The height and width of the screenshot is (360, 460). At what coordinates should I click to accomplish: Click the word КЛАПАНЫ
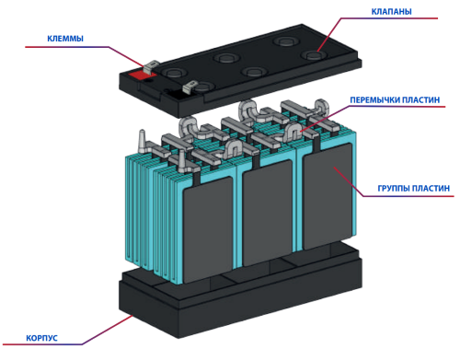(x=391, y=12)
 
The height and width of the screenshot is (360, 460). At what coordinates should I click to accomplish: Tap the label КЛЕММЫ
(x=65, y=39)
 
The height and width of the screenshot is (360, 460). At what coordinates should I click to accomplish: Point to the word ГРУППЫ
(x=394, y=188)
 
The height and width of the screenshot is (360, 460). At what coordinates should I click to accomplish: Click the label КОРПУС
(x=41, y=338)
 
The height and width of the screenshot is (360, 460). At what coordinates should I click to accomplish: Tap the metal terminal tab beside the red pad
(x=151, y=67)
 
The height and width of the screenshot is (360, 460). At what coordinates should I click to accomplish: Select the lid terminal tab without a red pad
(x=190, y=87)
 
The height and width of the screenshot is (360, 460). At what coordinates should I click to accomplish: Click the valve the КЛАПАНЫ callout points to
(x=313, y=55)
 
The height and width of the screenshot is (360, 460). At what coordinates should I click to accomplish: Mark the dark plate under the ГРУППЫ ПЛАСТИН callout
(x=328, y=196)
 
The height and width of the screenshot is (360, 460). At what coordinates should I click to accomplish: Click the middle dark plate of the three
(x=267, y=214)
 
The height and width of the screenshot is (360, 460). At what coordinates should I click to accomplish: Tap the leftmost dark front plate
(x=208, y=229)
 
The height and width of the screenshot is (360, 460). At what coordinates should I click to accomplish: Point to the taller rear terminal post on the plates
(x=142, y=141)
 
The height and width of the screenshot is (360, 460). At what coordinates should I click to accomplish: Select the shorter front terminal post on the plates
(x=181, y=161)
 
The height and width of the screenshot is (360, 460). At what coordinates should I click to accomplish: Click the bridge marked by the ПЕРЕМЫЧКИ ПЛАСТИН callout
(x=294, y=131)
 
